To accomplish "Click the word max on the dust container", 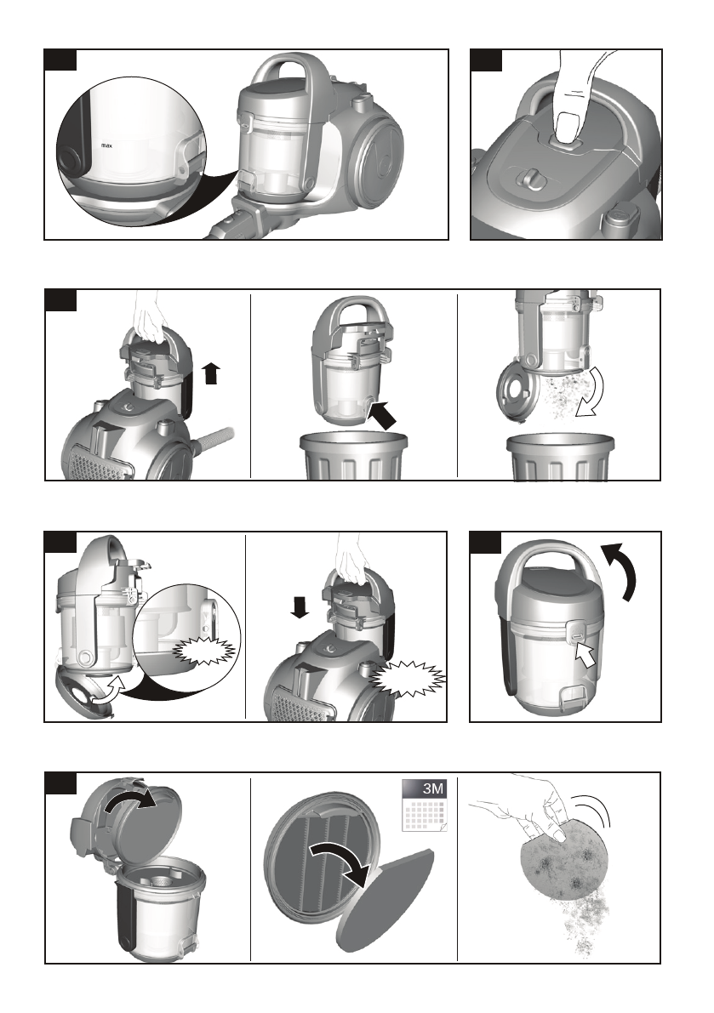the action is click(x=107, y=146).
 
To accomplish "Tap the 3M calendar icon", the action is click(x=425, y=805).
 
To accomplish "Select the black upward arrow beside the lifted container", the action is click(x=211, y=373).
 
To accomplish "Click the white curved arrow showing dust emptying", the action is click(x=589, y=394).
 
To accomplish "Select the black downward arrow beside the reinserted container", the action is click(x=300, y=606).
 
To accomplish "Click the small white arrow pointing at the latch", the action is click(x=585, y=654).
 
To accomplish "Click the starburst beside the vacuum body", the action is click(x=408, y=679).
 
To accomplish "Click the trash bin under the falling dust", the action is click(x=560, y=457).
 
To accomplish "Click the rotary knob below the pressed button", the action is click(x=531, y=179).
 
